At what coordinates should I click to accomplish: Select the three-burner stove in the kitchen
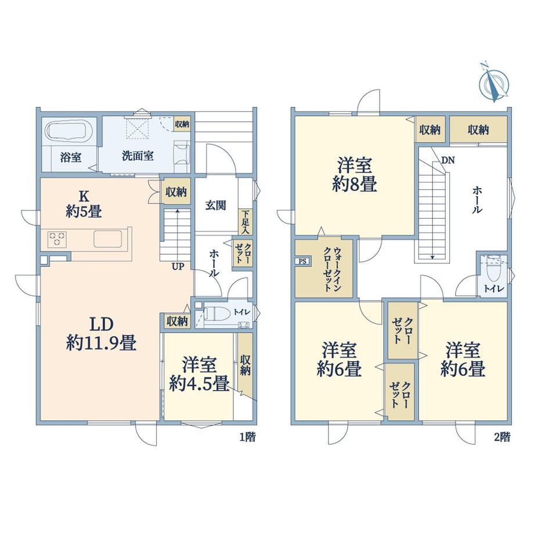point(57,238)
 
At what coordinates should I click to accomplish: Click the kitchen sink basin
point(107,239)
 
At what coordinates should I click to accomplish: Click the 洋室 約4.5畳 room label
point(199,374)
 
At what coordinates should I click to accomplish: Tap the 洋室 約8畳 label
point(355,175)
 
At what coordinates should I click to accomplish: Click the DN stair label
point(448,160)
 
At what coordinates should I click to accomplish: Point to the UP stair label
point(178,266)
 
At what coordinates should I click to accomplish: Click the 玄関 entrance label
point(215,205)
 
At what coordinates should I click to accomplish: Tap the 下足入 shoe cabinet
point(245,222)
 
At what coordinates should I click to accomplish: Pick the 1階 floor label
point(248,437)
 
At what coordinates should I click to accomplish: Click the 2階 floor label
point(502,437)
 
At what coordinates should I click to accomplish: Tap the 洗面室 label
point(138,156)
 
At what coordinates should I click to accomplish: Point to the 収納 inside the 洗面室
point(182,124)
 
